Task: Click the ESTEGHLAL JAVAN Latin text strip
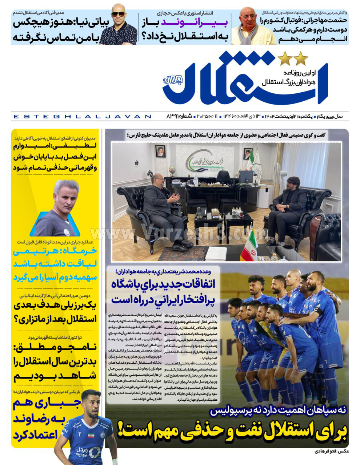tap(82, 117)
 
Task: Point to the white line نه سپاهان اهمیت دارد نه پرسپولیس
tap(278, 412)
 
